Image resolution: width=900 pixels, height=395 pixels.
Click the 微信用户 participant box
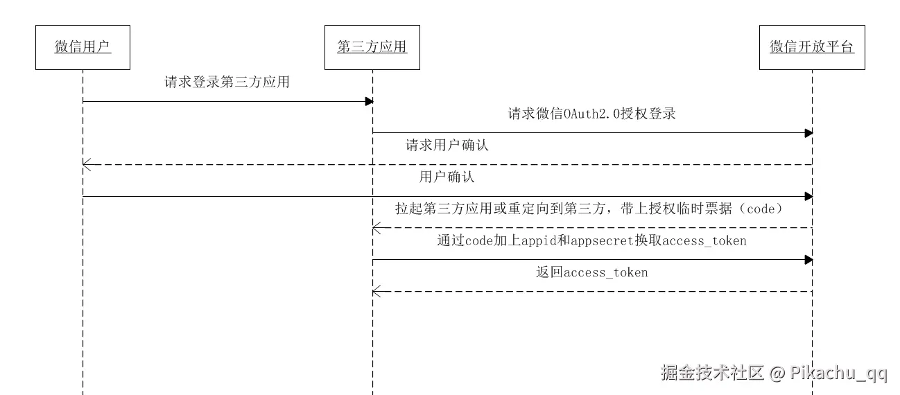(83, 47)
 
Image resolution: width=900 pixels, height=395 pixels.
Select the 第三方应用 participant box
(372, 47)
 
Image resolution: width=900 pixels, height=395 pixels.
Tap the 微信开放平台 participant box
(812, 47)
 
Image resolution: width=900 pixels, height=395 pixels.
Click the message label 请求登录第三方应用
(227, 82)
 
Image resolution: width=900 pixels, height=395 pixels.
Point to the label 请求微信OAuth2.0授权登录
(591, 114)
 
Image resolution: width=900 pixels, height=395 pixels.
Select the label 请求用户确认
(447, 146)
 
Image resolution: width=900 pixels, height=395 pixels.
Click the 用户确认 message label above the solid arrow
(447, 177)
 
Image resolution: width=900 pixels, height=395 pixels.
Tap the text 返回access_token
(591, 272)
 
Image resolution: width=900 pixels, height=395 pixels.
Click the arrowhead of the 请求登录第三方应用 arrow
(370, 102)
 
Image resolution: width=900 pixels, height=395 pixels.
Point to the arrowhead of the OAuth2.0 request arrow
(808, 133)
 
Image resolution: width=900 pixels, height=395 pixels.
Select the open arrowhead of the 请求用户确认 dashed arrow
(86, 165)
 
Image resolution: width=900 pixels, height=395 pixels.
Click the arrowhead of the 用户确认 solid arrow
(808, 197)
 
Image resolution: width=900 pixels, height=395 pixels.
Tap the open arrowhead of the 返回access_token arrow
(376, 292)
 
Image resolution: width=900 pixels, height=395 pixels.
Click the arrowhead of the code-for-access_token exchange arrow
(808, 260)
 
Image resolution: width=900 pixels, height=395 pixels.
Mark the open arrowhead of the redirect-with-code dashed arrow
(376, 228)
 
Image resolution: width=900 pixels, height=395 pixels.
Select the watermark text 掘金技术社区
(712, 373)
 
